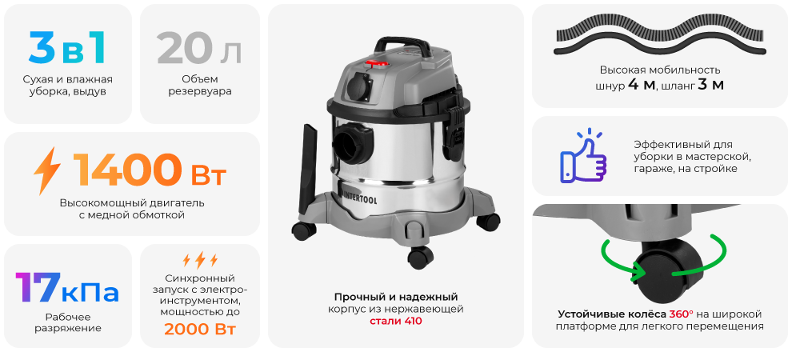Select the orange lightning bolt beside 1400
(47, 170)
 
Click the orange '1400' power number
(126, 170)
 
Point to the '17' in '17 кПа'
(38, 288)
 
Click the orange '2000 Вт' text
(199, 329)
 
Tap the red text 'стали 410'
(395, 321)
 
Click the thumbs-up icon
(582, 154)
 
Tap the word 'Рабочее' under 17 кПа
(67, 315)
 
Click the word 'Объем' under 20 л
(199, 78)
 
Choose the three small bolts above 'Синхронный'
(199, 259)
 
